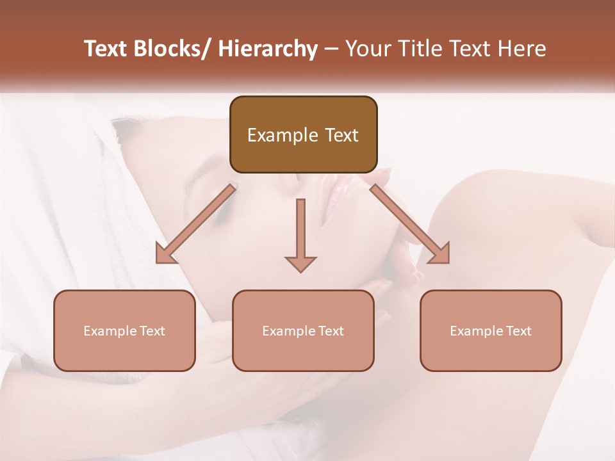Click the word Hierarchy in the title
click(268, 49)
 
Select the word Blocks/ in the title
click(172, 49)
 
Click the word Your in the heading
click(367, 49)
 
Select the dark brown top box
click(303, 134)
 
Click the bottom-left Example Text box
click(124, 330)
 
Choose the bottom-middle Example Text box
click(303, 330)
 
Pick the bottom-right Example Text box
click(491, 330)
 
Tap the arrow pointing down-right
click(410, 223)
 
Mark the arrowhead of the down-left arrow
click(165, 254)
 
